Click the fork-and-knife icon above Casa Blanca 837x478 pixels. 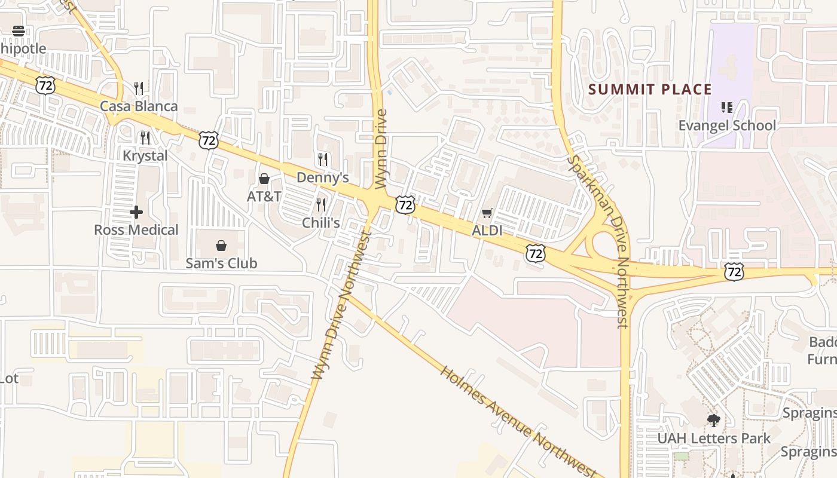click(139, 88)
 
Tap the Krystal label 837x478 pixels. click(145, 155)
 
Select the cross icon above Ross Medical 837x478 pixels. click(136, 212)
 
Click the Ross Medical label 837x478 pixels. click(136, 230)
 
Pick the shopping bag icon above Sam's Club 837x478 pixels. click(221, 246)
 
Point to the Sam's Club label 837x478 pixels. click(221, 263)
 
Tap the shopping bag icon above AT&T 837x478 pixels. click(264, 179)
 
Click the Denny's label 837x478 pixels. click(322, 178)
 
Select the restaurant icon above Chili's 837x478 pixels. click(321, 205)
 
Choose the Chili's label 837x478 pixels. click(321, 223)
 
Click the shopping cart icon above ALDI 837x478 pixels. click(487, 213)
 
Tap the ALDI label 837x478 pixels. click(487, 231)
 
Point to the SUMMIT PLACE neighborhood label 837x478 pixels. click(650, 90)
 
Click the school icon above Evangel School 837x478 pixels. click(727, 108)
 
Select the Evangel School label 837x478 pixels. click(727, 125)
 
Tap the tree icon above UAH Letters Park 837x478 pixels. click(713, 421)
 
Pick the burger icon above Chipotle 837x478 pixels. click(19, 31)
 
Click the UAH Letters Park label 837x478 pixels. click(714, 439)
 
